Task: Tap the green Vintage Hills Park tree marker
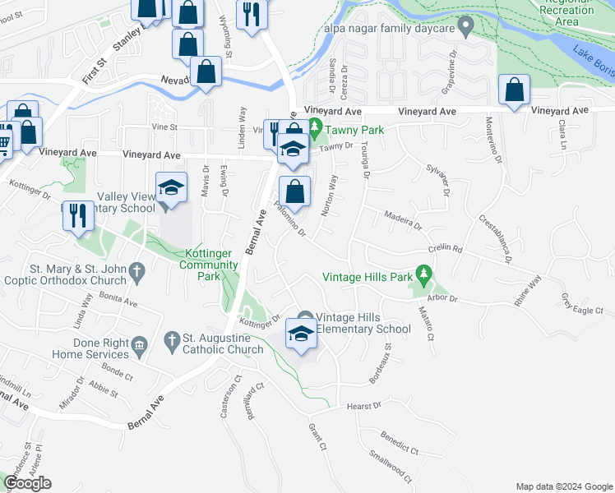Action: pyautogui.click(x=423, y=272)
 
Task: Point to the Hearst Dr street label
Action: pyautogui.click(x=364, y=405)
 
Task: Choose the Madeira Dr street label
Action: pyautogui.click(x=403, y=220)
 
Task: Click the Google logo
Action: pyautogui.click(x=27, y=483)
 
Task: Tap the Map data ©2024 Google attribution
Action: pyautogui.click(x=563, y=486)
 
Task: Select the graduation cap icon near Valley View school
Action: pyautogui.click(x=172, y=188)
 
